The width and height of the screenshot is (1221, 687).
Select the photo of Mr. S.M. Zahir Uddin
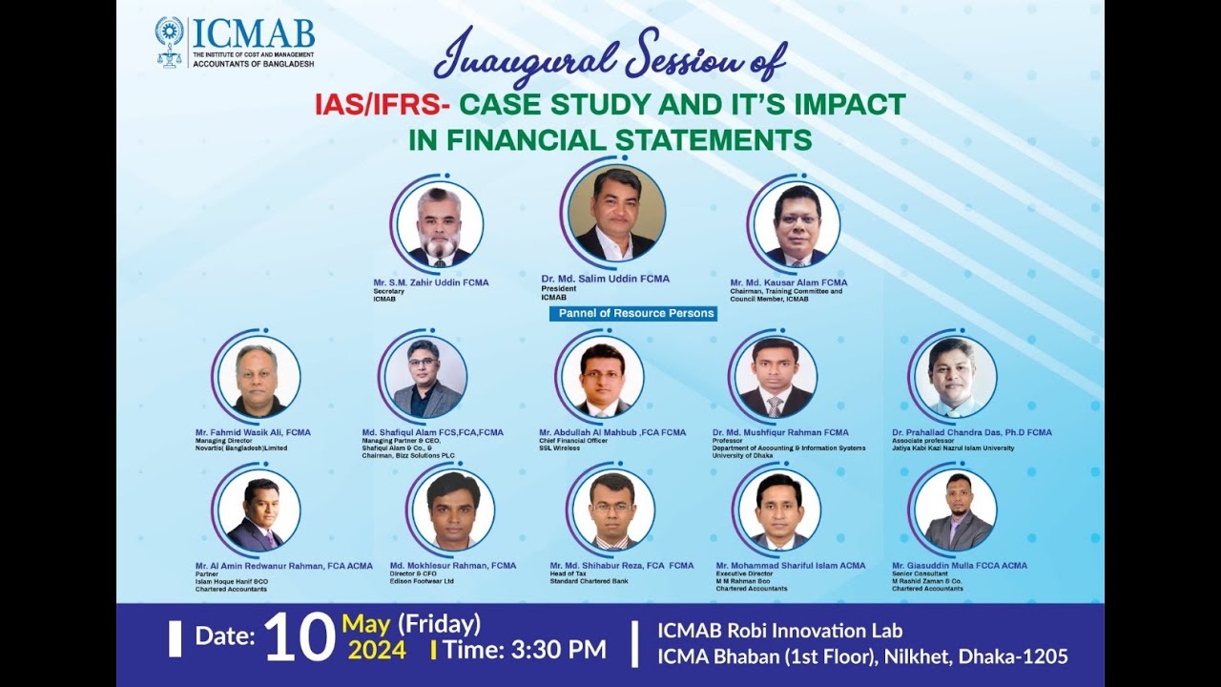coord(440,225)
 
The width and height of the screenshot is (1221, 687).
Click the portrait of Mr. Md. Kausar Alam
coord(796,225)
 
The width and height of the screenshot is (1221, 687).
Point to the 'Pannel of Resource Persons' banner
coord(632,313)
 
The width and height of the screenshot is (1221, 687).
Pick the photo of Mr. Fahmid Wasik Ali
coord(259,377)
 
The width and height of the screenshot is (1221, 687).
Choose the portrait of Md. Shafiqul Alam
coord(425,377)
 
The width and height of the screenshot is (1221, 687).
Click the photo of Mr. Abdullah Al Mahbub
coord(602,377)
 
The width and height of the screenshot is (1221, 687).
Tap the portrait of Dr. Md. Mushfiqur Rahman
coord(776,377)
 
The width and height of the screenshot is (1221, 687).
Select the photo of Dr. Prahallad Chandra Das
coord(955,377)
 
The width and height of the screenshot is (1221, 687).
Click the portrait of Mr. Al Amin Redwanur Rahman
coord(259,510)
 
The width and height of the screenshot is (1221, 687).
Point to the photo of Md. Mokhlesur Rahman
coord(452,510)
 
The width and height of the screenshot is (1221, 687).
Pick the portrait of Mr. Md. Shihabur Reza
coord(612,510)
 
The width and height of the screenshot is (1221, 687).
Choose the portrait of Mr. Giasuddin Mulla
coord(955,510)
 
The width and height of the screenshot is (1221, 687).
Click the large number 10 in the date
coord(299,638)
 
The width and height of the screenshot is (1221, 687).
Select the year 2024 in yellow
coord(377,651)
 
